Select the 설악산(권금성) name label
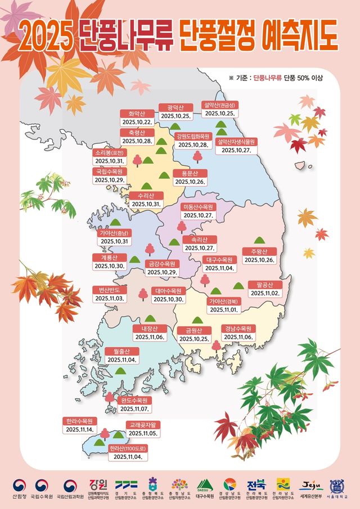coord(219,105)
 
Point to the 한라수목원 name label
coord(79,421)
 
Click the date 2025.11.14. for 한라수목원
coord(79,430)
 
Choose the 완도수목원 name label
coord(135,400)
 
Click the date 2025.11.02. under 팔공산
coord(264,293)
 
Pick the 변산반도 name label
coord(110,290)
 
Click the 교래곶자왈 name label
coord(143,425)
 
